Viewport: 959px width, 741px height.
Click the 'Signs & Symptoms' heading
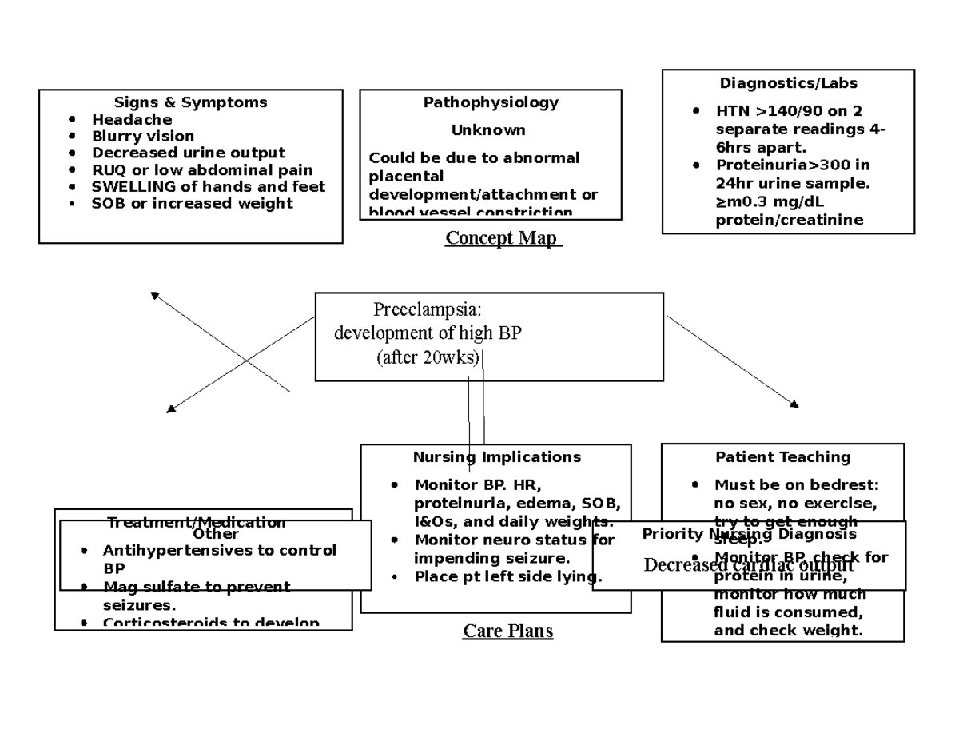coord(190,102)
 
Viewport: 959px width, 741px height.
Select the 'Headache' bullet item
coord(132,120)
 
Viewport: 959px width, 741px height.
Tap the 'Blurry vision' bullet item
coord(142,137)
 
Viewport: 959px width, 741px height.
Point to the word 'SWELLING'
coord(128,187)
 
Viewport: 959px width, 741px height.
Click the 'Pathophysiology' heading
coord(491,102)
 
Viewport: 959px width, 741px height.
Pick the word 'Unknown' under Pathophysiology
coord(488,130)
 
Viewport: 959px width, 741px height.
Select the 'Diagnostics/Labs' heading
coord(788,83)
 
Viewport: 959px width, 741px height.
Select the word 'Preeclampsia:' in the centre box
coord(427,310)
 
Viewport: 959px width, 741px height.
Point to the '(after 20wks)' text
coord(428,357)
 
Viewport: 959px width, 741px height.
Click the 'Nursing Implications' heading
coord(496,457)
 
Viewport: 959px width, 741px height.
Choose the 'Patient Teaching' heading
coord(782,457)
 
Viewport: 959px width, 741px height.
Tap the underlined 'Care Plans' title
coord(507,631)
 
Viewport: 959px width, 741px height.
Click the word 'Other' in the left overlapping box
coord(215,533)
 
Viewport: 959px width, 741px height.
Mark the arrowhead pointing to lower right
coord(794,404)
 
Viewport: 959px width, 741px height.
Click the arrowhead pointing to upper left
coord(155,296)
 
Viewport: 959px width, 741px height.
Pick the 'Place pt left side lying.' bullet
coord(507,577)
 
